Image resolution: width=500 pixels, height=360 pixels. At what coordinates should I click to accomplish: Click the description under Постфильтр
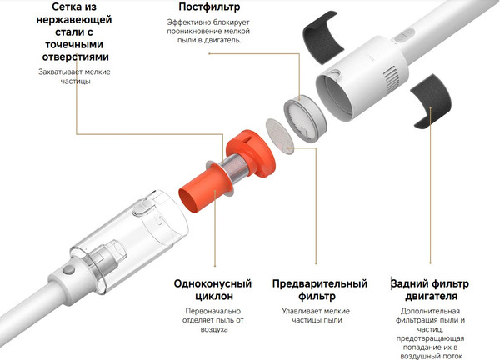204,34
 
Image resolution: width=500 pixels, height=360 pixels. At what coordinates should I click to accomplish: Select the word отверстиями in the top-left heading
74,57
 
